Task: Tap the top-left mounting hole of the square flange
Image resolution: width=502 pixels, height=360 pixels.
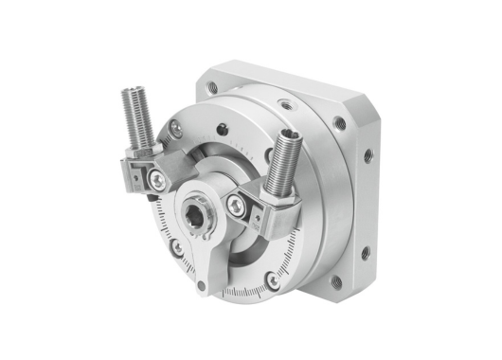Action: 212,87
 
